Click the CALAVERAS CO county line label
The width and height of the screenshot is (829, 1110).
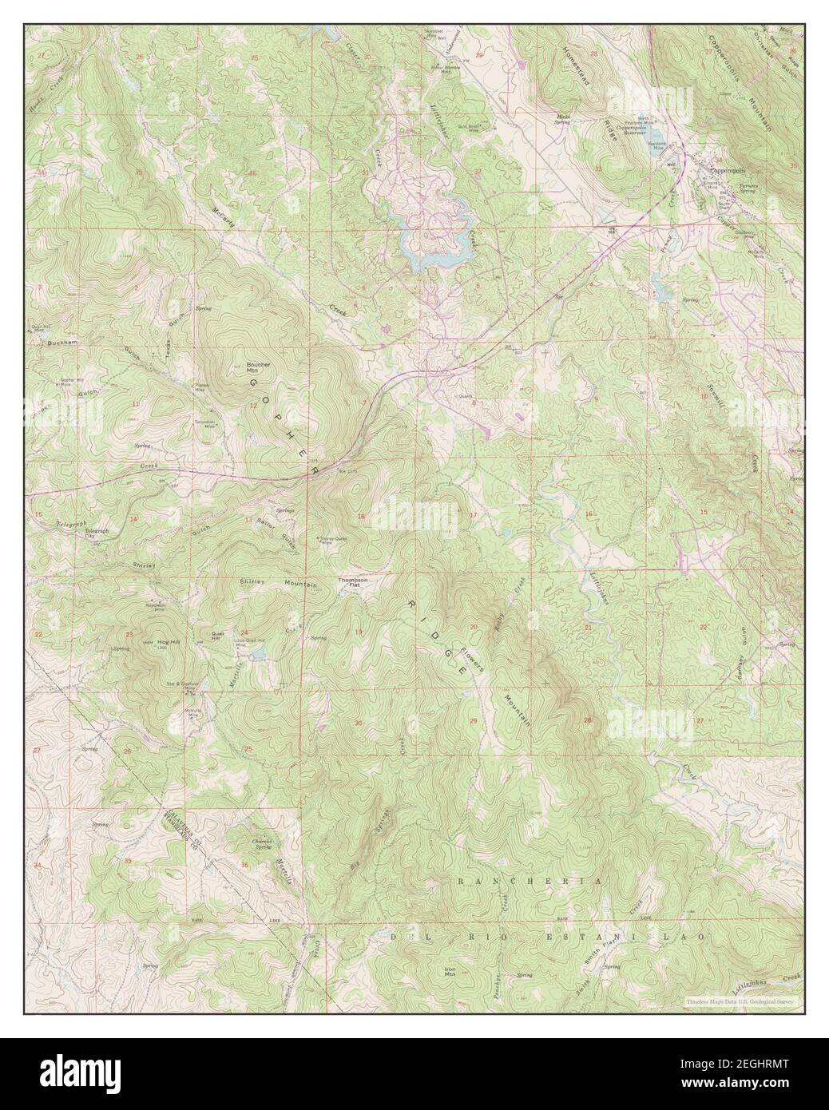coord(179,828)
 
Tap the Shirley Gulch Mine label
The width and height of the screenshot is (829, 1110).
coord(335,539)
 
